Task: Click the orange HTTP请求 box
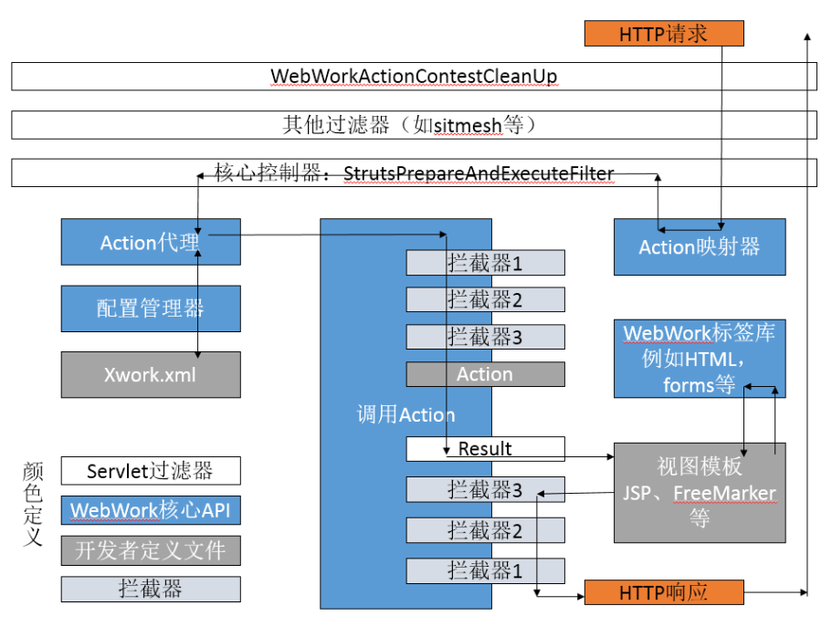tap(664, 34)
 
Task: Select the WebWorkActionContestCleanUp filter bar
tap(414, 77)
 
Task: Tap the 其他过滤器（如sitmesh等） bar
tap(414, 125)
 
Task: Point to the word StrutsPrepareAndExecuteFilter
tap(479, 173)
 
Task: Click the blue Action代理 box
tap(151, 242)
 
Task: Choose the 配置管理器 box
tap(151, 308)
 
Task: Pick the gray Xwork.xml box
tap(151, 374)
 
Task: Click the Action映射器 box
tap(700, 246)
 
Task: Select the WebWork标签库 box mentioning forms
tap(700, 359)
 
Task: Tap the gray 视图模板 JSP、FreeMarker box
tap(700, 493)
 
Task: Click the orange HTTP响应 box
tap(664, 592)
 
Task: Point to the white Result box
tap(485, 449)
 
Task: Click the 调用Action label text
tap(405, 414)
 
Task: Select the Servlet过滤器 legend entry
tap(151, 471)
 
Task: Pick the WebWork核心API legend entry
tap(151, 510)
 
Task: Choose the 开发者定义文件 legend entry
tap(151, 550)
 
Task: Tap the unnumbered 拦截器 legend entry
tap(151, 589)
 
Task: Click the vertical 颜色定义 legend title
tap(32, 504)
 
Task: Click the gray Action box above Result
tap(485, 374)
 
